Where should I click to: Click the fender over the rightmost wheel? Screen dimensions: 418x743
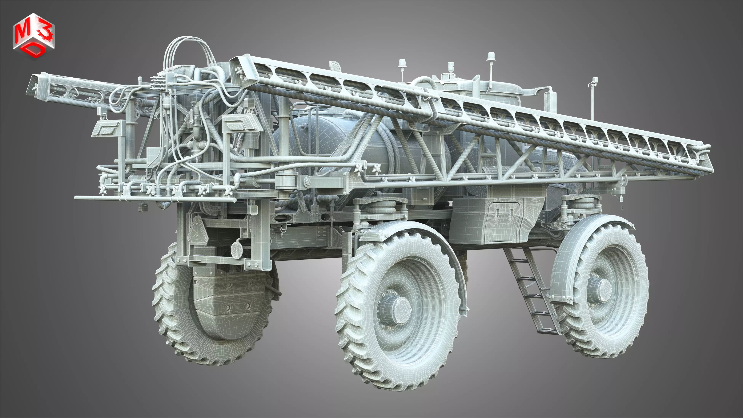565,260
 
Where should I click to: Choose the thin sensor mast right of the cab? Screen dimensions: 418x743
593,98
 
